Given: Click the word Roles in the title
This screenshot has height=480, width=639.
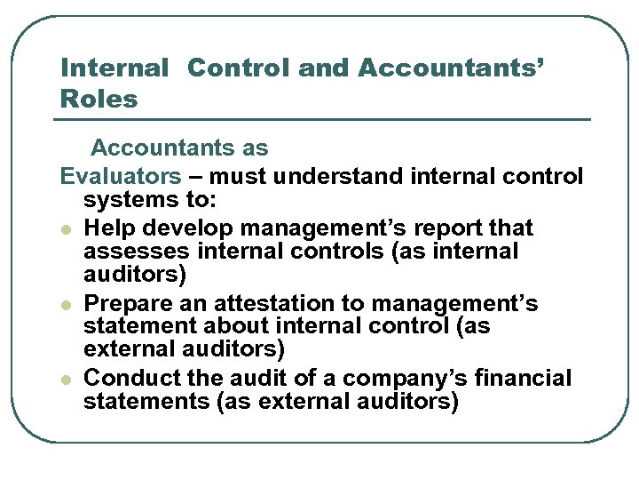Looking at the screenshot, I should [x=99, y=99].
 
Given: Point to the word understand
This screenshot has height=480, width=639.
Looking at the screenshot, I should [x=341, y=176].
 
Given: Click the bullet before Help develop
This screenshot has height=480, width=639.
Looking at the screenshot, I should [x=67, y=228].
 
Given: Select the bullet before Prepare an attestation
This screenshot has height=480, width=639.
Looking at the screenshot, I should [x=67, y=305].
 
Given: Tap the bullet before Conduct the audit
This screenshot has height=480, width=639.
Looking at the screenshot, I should [x=67, y=380].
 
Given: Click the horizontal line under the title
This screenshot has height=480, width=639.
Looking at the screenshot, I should [x=325, y=119].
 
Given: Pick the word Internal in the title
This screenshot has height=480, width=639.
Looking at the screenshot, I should [x=114, y=68].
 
